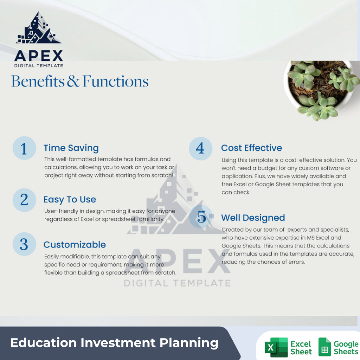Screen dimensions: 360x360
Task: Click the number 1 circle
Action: [x=24, y=148]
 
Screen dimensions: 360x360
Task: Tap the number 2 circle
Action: [x=24, y=200]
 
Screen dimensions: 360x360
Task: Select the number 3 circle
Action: [x=24, y=244]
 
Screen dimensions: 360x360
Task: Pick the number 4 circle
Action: [x=200, y=148]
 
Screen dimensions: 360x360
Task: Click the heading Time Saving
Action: [x=71, y=148]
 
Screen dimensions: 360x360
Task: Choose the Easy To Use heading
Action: [x=70, y=200]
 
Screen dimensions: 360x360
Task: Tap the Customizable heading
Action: [x=75, y=245]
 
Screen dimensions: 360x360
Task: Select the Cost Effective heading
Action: [x=251, y=148]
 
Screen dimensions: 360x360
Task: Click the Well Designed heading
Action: [x=253, y=218]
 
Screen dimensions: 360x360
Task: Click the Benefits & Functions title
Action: [x=80, y=81]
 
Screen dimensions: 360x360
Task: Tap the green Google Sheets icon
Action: [x=324, y=347]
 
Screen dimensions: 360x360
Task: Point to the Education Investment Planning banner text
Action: [x=114, y=343]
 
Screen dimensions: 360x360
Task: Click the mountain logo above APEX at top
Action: [x=38, y=29]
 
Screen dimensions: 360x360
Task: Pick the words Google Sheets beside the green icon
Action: [x=346, y=347]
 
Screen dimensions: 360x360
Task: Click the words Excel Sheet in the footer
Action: [x=301, y=347]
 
